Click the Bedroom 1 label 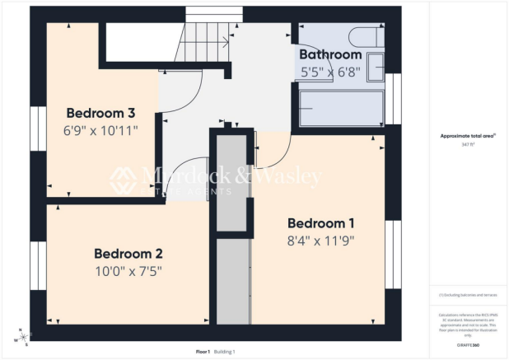320,223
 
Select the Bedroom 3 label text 100,113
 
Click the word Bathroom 330,54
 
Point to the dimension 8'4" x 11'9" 320,241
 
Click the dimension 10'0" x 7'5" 128,270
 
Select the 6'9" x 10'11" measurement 100,130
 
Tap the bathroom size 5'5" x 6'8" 330,72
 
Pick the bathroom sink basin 375,67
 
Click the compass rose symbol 24,337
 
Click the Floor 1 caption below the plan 203,352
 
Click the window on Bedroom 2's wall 37,265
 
